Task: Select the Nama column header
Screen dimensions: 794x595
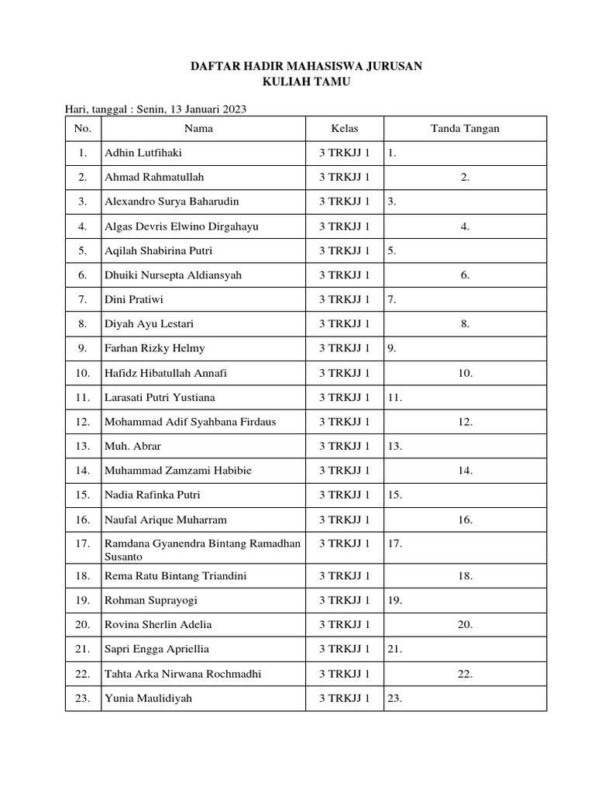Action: pyautogui.click(x=198, y=129)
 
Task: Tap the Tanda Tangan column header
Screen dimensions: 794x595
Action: pyautogui.click(x=465, y=129)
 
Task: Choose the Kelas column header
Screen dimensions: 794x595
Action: pyautogui.click(x=345, y=129)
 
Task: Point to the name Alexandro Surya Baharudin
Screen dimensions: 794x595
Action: pyautogui.click(x=172, y=202)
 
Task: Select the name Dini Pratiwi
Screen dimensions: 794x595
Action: pyautogui.click(x=134, y=299)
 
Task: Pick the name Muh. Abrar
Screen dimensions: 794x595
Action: pyautogui.click(x=133, y=446)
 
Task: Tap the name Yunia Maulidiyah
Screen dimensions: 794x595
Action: pyautogui.click(x=148, y=698)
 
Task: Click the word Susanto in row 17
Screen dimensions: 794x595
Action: pyautogui.click(x=123, y=557)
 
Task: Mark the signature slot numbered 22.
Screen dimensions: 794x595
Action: pyautogui.click(x=465, y=674)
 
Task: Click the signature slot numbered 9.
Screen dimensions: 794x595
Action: pyautogui.click(x=392, y=348)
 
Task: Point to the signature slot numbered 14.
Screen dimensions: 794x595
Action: pyautogui.click(x=465, y=471)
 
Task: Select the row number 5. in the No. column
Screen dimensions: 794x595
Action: pyautogui.click(x=83, y=250)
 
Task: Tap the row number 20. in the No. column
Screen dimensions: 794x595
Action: pyautogui.click(x=83, y=624)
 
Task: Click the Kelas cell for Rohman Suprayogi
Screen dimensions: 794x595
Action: pyautogui.click(x=345, y=600)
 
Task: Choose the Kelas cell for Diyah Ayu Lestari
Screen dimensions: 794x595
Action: pyautogui.click(x=345, y=324)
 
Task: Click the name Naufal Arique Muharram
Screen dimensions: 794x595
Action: pyautogui.click(x=165, y=520)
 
